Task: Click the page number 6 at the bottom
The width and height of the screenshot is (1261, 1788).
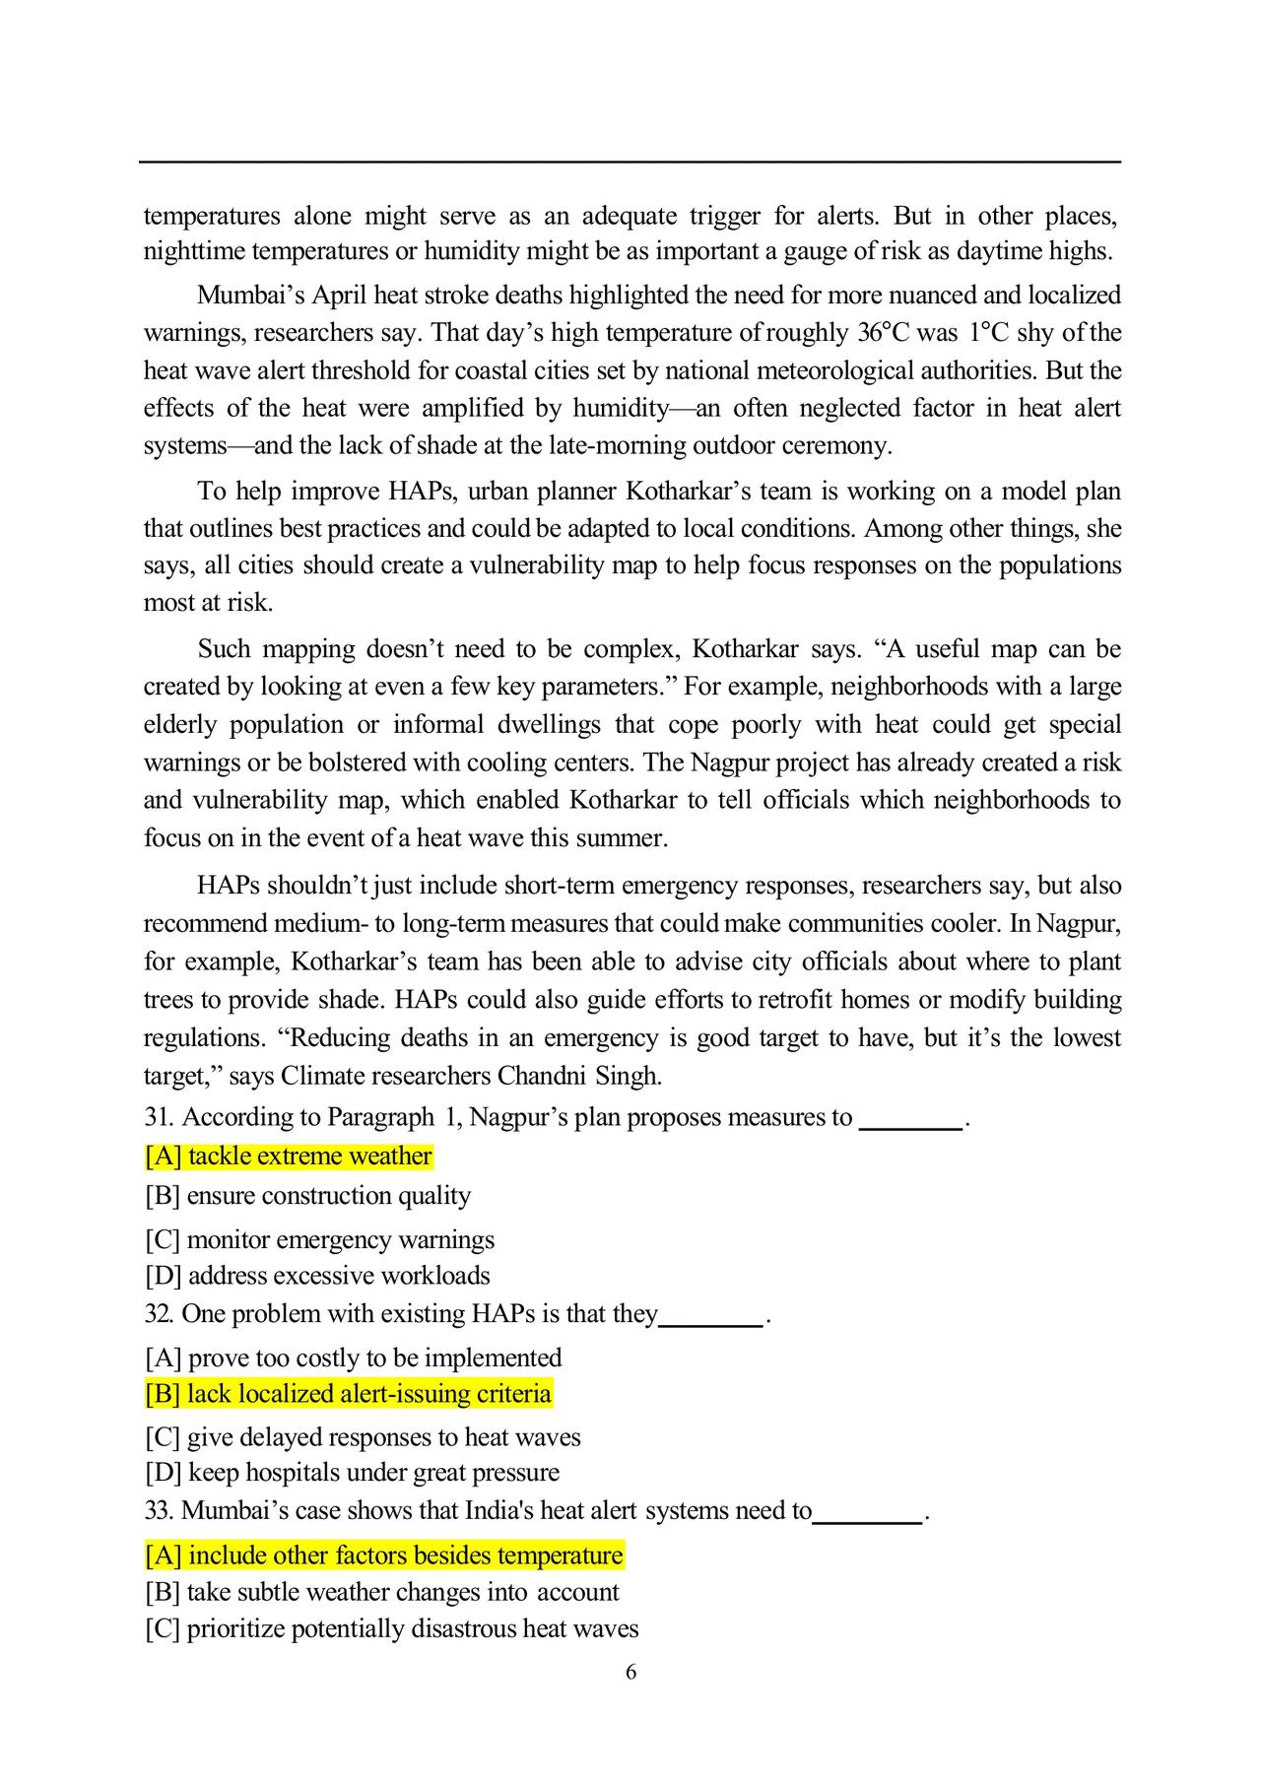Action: [x=630, y=1672]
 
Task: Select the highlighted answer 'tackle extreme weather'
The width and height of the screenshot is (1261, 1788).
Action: [x=289, y=1157]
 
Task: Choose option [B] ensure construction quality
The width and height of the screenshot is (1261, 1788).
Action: [x=307, y=1196]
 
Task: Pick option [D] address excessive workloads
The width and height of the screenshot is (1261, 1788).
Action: [x=317, y=1276]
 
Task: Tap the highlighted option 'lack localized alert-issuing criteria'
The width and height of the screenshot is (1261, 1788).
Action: [x=348, y=1394]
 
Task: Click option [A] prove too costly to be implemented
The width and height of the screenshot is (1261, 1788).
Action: [x=353, y=1358]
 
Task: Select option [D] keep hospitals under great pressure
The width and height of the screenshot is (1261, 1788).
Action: [x=352, y=1473]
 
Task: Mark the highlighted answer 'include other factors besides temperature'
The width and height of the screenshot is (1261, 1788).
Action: [x=384, y=1556]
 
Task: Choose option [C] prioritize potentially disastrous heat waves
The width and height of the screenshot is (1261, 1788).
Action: [x=391, y=1628]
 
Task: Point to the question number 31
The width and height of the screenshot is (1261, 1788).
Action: [x=159, y=1118]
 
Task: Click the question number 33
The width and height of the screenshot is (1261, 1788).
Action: [x=159, y=1511]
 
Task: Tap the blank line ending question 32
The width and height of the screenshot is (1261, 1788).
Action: [x=710, y=1325]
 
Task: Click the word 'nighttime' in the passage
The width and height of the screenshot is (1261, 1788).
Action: [x=193, y=252]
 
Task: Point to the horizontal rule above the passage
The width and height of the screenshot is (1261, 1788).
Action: [x=630, y=162]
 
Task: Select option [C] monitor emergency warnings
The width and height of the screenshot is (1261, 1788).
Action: [x=319, y=1240]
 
